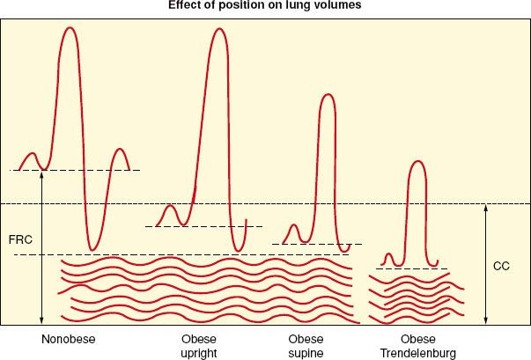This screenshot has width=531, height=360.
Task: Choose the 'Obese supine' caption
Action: [x=306, y=346]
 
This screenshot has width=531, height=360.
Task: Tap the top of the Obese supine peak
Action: [x=328, y=95]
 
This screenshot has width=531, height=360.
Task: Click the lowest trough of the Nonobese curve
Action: [x=91, y=249]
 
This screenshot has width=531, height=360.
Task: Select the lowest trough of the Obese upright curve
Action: [x=237, y=249]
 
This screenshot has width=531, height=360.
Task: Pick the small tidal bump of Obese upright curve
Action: [x=173, y=208]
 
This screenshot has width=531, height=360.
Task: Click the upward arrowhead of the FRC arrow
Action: [x=41, y=174]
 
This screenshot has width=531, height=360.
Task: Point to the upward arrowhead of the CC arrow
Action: [x=486, y=208]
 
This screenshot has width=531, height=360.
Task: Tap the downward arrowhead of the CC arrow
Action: [x=486, y=321]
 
